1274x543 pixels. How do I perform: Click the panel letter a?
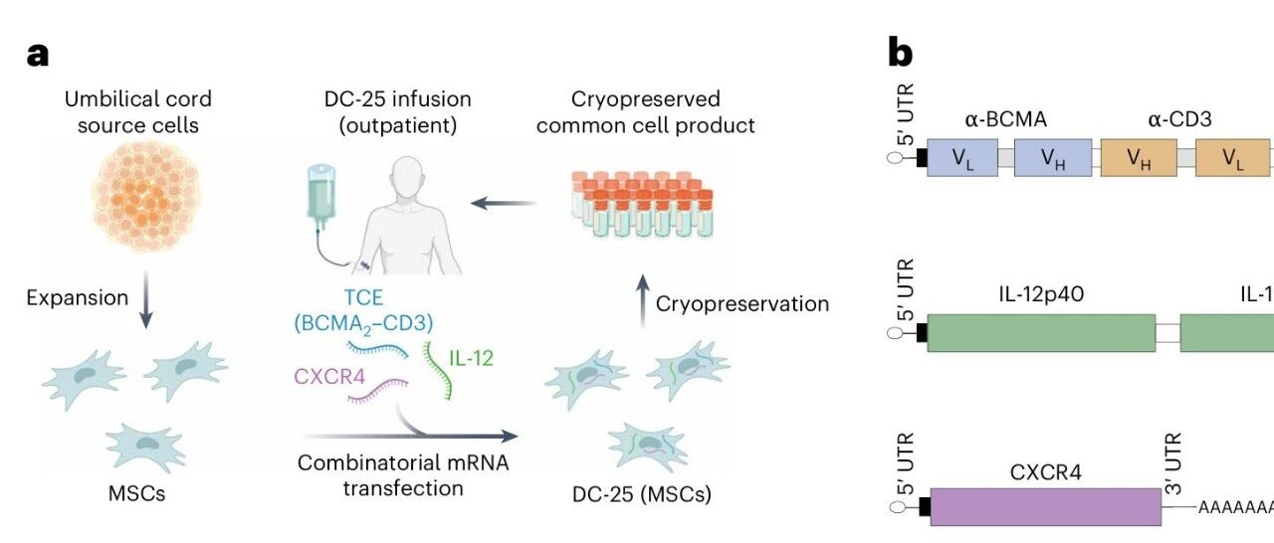38,54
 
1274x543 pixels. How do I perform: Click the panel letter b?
900,54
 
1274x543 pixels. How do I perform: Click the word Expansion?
78,297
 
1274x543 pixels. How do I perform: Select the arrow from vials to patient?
503,204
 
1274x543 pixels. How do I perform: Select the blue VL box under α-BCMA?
961,158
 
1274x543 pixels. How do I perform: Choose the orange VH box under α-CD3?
1138,158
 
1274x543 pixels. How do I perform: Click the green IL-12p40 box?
1040,332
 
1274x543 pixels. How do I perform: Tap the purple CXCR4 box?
1044,506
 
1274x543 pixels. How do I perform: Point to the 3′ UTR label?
1174,455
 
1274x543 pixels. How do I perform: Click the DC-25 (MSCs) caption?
636,492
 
